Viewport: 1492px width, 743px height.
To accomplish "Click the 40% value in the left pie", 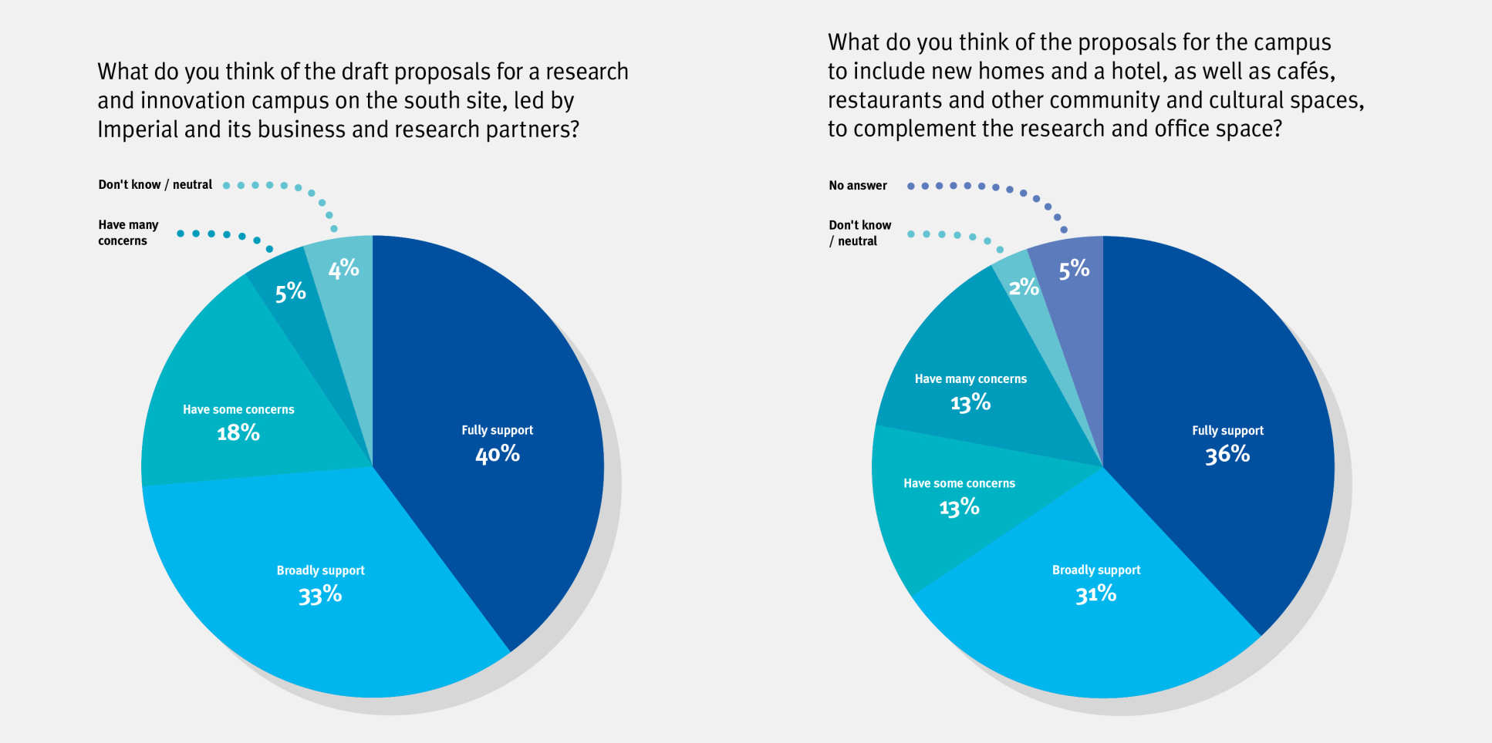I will pos(498,454).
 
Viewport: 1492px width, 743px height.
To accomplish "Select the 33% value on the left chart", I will pos(320,594).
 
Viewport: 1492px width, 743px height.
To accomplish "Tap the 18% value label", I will pos(238,432).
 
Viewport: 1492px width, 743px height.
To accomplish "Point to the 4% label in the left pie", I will pos(343,268).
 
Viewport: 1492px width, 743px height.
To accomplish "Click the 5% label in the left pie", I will pos(291,292).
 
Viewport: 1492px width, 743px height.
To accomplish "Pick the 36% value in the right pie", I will pos(1227,454).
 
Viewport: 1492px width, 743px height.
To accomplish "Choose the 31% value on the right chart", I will pos(1095,594).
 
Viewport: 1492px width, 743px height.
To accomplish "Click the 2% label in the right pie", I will pos(1024,287).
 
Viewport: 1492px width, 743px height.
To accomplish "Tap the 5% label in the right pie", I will pos(1074,269).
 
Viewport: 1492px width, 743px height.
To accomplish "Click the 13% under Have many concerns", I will pos(970,402).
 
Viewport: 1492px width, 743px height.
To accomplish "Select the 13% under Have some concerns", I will pos(959,507).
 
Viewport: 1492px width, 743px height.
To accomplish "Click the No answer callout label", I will pos(858,186).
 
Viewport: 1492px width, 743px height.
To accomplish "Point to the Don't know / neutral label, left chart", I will pos(155,185).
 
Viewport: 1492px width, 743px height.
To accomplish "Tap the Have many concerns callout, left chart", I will pos(127,233).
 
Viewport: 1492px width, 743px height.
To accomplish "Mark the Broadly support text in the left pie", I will pos(320,570).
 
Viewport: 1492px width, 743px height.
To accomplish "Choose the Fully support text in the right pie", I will pos(1227,431).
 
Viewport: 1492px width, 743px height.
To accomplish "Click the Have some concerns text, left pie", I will pos(238,409).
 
